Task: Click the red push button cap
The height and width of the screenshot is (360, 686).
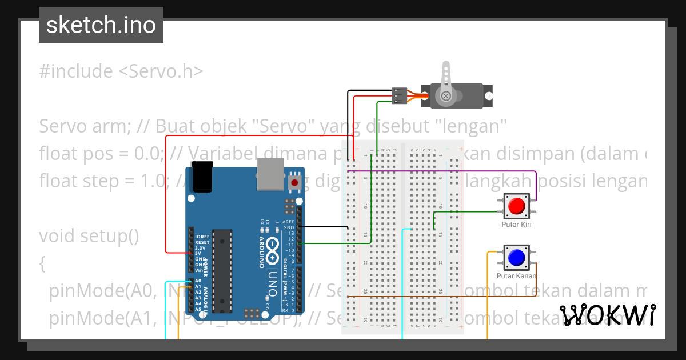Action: pyautogui.click(x=517, y=206)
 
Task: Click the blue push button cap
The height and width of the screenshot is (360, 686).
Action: pyautogui.click(x=517, y=257)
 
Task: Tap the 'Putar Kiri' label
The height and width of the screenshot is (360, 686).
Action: pyautogui.click(x=516, y=225)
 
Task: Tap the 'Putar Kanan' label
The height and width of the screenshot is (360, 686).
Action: pyautogui.click(x=516, y=276)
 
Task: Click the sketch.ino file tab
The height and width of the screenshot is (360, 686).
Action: pyautogui.click(x=101, y=25)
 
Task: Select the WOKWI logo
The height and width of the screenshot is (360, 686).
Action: pyautogui.click(x=607, y=315)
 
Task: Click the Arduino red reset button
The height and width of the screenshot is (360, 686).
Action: pyautogui.click(x=294, y=182)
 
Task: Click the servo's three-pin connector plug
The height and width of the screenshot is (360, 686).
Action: pyautogui.click(x=399, y=95)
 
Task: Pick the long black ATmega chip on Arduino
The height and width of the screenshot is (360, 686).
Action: pyautogui.click(x=222, y=271)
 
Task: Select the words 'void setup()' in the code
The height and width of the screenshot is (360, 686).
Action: pyautogui.click(x=89, y=235)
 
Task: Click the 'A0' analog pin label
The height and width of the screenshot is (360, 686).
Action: pyautogui.click(x=198, y=281)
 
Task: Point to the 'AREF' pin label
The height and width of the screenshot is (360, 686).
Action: pyautogui.click(x=288, y=222)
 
